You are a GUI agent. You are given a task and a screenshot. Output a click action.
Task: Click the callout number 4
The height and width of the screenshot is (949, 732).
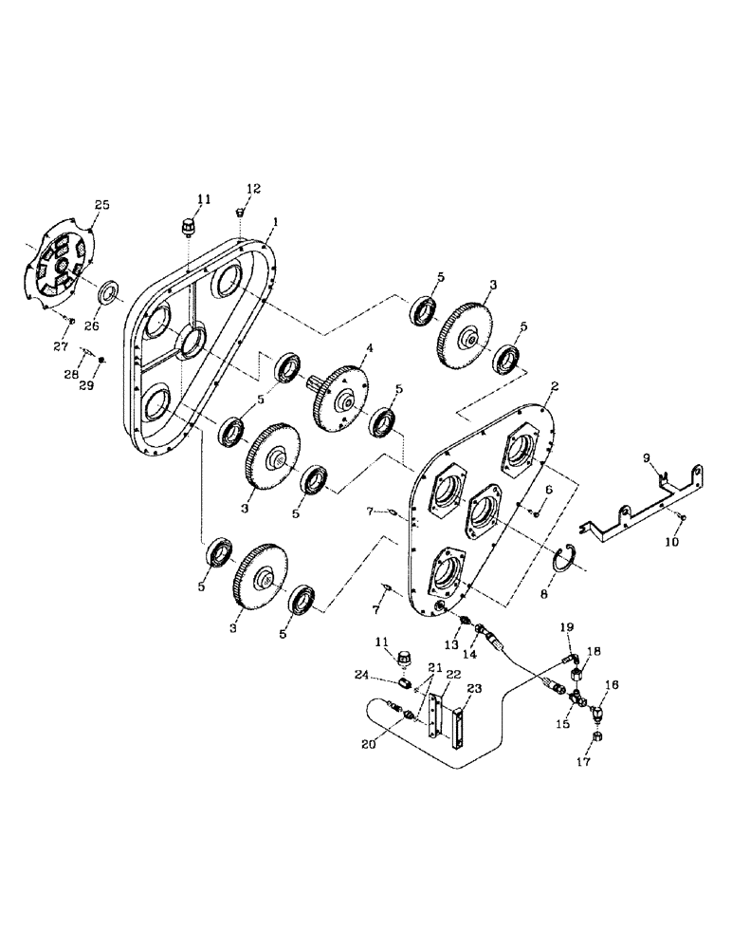tap(369, 349)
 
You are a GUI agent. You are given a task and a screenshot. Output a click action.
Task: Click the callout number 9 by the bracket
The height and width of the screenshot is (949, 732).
tap(647, 458)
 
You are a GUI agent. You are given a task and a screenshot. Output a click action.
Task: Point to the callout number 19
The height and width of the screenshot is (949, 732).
tap(567, 627)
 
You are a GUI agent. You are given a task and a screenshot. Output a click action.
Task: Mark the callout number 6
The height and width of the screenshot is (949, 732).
tap(548, 489)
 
